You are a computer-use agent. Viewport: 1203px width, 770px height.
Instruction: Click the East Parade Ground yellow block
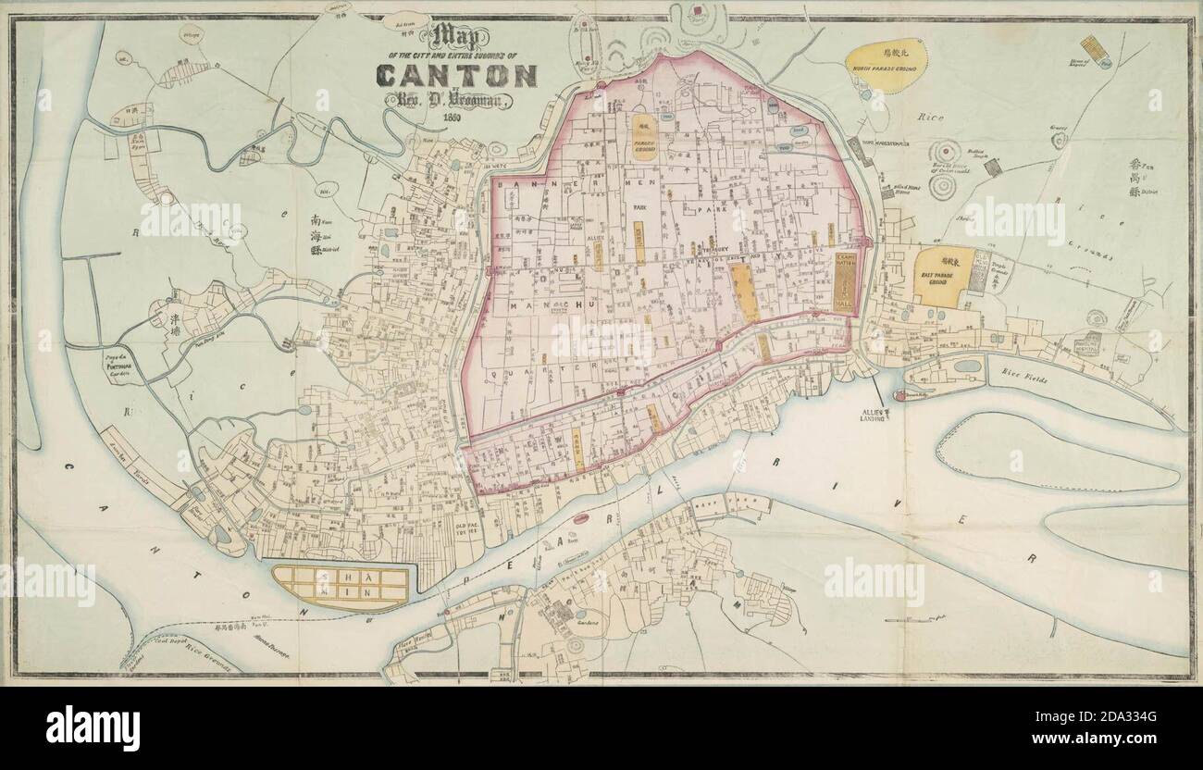pyautogui.click(x=944, y=275)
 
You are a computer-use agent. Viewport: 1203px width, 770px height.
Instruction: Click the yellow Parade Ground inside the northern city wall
pyautogui.click(x=644, y=138)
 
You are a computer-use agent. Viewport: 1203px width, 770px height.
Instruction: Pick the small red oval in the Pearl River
pyautogui.click(x=580, y=519)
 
